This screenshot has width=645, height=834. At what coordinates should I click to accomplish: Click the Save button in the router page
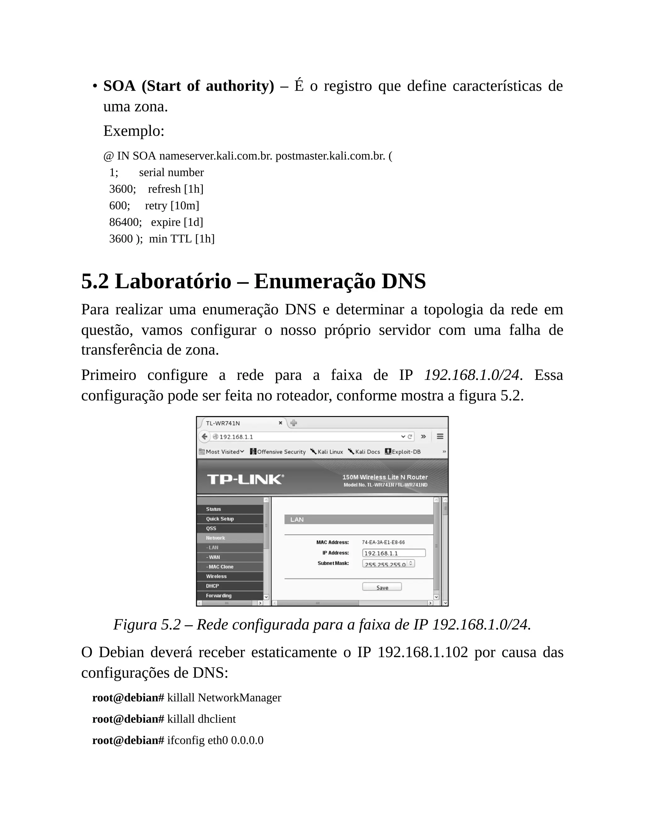click(x=382, y=587)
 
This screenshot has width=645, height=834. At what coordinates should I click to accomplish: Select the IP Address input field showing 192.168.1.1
click(x=394, y=553)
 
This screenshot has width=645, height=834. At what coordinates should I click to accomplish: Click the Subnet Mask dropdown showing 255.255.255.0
click(x=388, y=564)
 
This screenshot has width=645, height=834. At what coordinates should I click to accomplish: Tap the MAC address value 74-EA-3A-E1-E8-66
click(x=383, y=542)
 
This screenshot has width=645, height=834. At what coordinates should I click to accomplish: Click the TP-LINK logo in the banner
click(x=245, y=479)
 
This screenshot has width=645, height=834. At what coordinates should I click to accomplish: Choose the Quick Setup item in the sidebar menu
click(x=220, y=519)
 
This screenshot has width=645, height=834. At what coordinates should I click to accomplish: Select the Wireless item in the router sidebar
click(x=216, y=576)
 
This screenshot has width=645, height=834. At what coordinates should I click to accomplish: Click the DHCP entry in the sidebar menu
click(x=213, y=586)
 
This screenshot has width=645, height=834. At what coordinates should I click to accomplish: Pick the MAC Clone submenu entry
click(x=220, y=567)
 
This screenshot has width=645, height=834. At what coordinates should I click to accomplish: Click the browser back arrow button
click(x=205, y=437)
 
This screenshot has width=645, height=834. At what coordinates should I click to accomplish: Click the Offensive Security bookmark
click(x=278, y=452)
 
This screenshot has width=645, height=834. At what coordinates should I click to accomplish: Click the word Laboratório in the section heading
click(x=173, y=281)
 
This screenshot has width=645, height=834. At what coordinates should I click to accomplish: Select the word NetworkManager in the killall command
click(x=239, y=698)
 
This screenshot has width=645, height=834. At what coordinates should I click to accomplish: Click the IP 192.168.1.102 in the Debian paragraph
click(x=423, y=652)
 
